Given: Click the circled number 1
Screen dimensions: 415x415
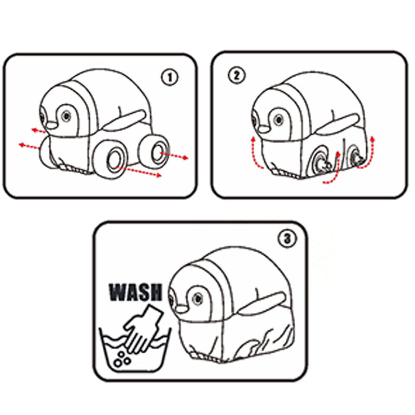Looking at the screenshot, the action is click(170, 77).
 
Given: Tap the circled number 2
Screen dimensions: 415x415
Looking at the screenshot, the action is click(237, 75).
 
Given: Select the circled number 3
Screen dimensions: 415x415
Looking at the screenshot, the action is click(287, 239).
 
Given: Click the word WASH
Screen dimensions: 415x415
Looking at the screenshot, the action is click(135, 292).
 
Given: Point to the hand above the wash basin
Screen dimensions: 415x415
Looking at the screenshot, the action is click(143, 329).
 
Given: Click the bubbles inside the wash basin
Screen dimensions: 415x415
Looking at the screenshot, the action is click(122, 359).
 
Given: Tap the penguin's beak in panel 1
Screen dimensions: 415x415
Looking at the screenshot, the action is click(51, 125).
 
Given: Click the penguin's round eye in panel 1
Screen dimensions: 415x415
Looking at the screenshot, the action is click(66, 116).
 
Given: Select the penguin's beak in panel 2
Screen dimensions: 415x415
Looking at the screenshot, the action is click(264, 129).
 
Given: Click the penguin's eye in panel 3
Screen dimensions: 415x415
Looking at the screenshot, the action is click(198, 299).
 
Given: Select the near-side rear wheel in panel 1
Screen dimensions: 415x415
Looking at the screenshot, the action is click(155, 151).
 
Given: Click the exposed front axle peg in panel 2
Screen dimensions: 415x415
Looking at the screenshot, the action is click(324, 165).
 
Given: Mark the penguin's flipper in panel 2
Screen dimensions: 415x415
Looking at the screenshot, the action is click(337, 123).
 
